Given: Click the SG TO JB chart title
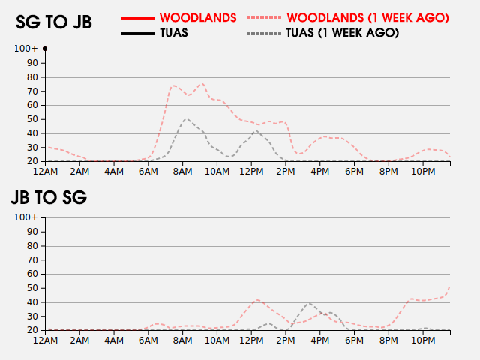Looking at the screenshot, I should coord(54,22).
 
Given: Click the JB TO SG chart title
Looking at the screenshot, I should coord(49,198).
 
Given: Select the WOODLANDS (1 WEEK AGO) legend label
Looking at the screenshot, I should coord(367,16).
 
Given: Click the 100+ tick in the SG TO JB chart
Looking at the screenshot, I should coord(25,49).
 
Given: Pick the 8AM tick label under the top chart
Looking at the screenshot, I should coord(183,172).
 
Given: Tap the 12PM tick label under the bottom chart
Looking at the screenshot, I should coord(251,340).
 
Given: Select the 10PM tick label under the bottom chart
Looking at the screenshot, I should coord(422,340).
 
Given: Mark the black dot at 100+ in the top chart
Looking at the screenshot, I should coord(45,49).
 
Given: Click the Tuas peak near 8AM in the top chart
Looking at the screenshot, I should coord(186,118).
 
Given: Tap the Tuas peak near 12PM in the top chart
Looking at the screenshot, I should coord(256,131).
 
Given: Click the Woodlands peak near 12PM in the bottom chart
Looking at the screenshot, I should coord(257,300).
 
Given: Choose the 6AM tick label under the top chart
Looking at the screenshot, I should coord(148,172).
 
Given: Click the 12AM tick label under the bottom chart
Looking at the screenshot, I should coord(46,340).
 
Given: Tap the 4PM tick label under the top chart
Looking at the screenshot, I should coord(319,172).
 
